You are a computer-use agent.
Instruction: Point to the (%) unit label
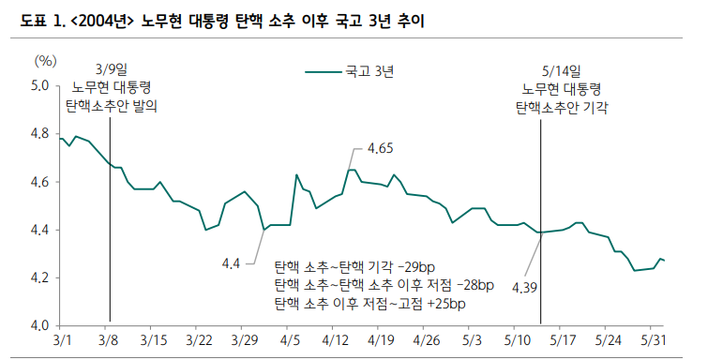(x=45, y=60)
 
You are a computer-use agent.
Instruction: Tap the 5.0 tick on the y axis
(x=38, y=85)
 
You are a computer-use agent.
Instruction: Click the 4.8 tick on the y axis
(x=38, y=134)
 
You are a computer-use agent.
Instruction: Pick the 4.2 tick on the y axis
(x=38, y=278)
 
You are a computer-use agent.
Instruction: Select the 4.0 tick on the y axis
(x=38, y=326)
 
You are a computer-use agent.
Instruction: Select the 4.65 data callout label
(x=380, y=148)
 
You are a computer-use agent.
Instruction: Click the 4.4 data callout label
(x=232, y=263)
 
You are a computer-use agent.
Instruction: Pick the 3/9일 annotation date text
(x=111, y=69)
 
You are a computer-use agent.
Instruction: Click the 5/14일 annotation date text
(x=562, y=70)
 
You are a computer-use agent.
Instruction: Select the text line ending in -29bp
(x=369, y=267)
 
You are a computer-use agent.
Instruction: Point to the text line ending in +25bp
(x=369, y=304)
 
